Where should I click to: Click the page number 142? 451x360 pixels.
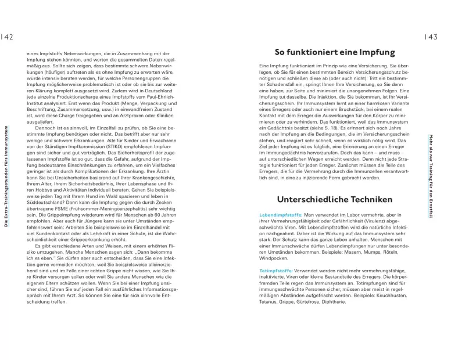[x=8, y=37]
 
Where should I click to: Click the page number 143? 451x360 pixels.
[x=431, y=37]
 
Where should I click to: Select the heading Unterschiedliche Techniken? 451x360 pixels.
[x=334, y=200]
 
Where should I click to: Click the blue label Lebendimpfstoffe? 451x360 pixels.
[x=280, y=215]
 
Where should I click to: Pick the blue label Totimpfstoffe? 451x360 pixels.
[x=276, y=271]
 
